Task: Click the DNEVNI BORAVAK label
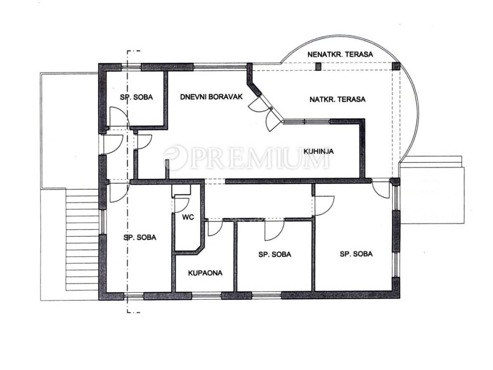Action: pos(211,96)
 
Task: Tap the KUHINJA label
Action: pos(319,151)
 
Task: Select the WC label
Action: pos(188,217)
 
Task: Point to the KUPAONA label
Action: pos(205,273)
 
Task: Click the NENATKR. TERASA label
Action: pos(340,54)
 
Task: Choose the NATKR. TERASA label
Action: pos(337,99)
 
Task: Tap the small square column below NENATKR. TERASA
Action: pos(319,66)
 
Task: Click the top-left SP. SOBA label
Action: pos(136,97)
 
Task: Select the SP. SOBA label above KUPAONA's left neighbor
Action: pos(140,237)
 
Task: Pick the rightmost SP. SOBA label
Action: pos(356,253)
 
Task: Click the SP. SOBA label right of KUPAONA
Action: pos(275,254)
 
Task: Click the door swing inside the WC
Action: pos(182,204)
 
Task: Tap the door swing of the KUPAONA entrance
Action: pos(215,228)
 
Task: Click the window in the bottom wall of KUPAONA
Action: pos(207,295)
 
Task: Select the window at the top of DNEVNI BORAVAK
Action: pos(220,66)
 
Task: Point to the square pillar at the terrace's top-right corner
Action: pos(396,66)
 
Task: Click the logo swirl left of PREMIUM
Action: pos(175,158)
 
